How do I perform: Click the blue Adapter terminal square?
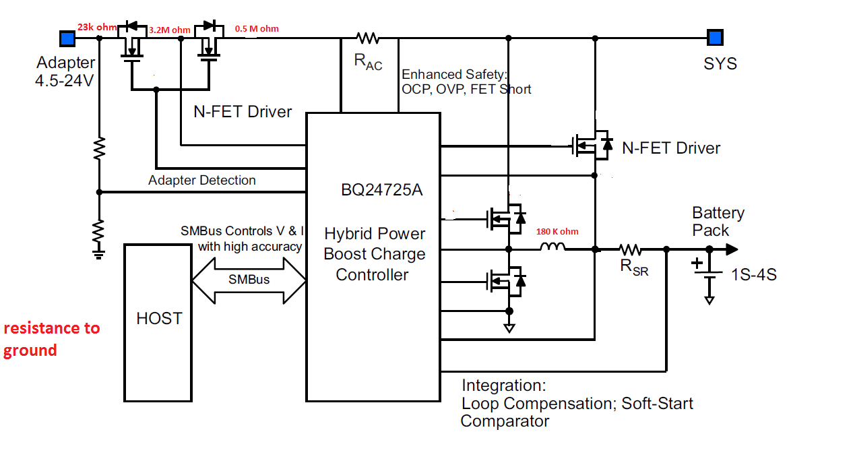point(67,37)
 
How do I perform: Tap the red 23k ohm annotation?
point(97,27)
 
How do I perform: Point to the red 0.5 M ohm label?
point(257,29)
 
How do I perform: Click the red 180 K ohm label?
point(557,232)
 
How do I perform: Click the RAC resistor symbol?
point(368,38)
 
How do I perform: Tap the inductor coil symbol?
point(552,249)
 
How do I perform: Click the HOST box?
point(159,322)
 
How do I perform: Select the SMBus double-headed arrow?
point(249,279)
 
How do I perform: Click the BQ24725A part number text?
point(381,190)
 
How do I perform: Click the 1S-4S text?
point(753,275)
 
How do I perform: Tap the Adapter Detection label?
point(202,181)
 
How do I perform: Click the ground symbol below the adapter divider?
point(99,253)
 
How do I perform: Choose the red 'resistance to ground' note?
point(51,339)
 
